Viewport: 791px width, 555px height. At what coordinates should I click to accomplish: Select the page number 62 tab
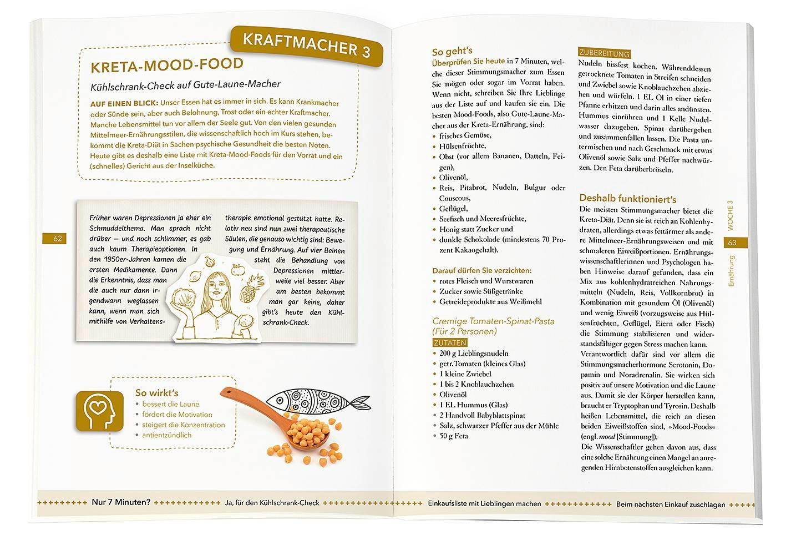coord(58,239)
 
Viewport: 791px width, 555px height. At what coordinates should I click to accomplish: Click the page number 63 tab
coord(732,243)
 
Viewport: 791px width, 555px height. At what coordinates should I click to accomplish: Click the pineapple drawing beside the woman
coord(256,287)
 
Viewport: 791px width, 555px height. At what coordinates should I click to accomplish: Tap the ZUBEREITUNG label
coord(604,53)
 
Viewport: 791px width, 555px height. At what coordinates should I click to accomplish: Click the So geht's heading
coord(452,52)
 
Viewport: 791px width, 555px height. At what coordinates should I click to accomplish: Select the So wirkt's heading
coord(156,392)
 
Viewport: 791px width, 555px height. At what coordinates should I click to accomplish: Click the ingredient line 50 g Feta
coord(453,436)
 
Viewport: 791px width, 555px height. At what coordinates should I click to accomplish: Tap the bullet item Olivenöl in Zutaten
coord(453,395)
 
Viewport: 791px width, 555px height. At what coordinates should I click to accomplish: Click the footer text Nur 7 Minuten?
coord(121,503)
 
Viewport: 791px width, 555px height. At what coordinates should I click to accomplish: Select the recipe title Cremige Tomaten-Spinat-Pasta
coord(493,321)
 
